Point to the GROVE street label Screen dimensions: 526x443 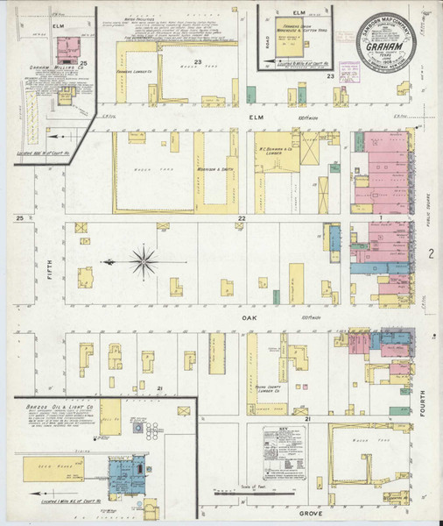click(311, 513)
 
